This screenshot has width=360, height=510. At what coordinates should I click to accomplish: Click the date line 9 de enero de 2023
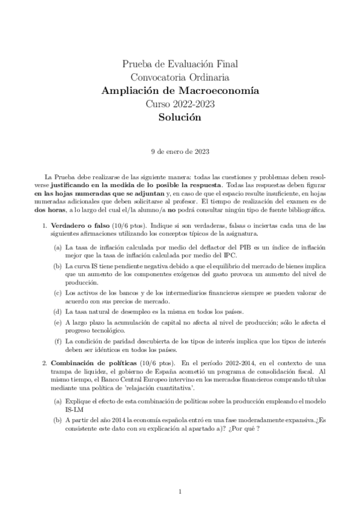pyautogui.click(x=180, y=152)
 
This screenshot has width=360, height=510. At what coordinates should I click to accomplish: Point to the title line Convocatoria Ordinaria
pyautogui.click(x=179, y=76)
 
